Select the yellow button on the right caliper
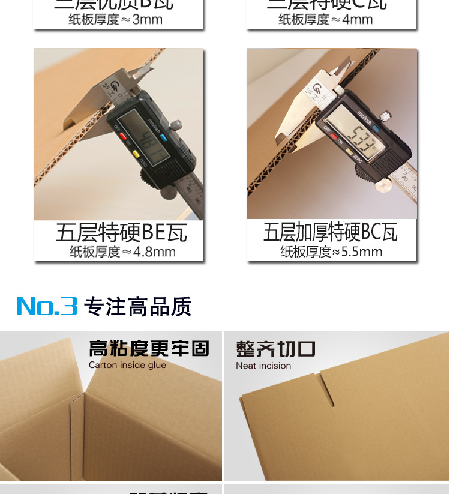pos(349,152)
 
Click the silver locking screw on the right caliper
pos(386,115)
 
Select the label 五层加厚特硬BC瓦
pos(331,232)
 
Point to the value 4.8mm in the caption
pos(154,252)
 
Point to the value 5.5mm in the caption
pos(362,252)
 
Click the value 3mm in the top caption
pos(147,19)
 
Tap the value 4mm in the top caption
pos(358,19)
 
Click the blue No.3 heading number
pos(47,306)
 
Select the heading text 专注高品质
pos(138,306)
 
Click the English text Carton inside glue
pos(127,365)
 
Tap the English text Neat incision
pos(263,366)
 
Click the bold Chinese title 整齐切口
pos(275,349)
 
